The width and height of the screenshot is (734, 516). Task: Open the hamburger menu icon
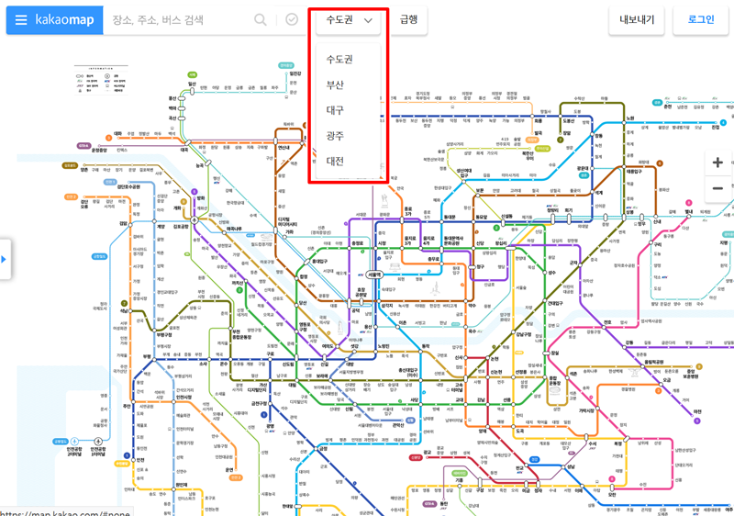21,20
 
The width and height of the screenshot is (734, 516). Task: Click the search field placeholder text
158,20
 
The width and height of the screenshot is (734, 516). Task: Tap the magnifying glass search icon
261,20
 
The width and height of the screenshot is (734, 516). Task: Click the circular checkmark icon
292,20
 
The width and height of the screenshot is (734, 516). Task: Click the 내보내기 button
635,20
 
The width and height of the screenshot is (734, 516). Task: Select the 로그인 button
700,20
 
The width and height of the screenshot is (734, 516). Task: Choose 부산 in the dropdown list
335,84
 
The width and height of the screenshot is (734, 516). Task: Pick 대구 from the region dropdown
335,110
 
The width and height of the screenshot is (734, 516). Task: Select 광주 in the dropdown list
335,135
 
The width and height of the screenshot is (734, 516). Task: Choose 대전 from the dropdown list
335,161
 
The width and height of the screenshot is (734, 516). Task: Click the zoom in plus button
717,163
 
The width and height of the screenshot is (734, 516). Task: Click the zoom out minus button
717,188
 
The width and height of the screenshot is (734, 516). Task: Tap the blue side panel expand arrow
4,260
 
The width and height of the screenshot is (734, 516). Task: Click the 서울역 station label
373,275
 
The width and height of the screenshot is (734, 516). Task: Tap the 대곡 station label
183,149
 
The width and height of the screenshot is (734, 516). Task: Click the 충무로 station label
434,260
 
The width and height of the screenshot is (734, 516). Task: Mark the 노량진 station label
384,346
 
